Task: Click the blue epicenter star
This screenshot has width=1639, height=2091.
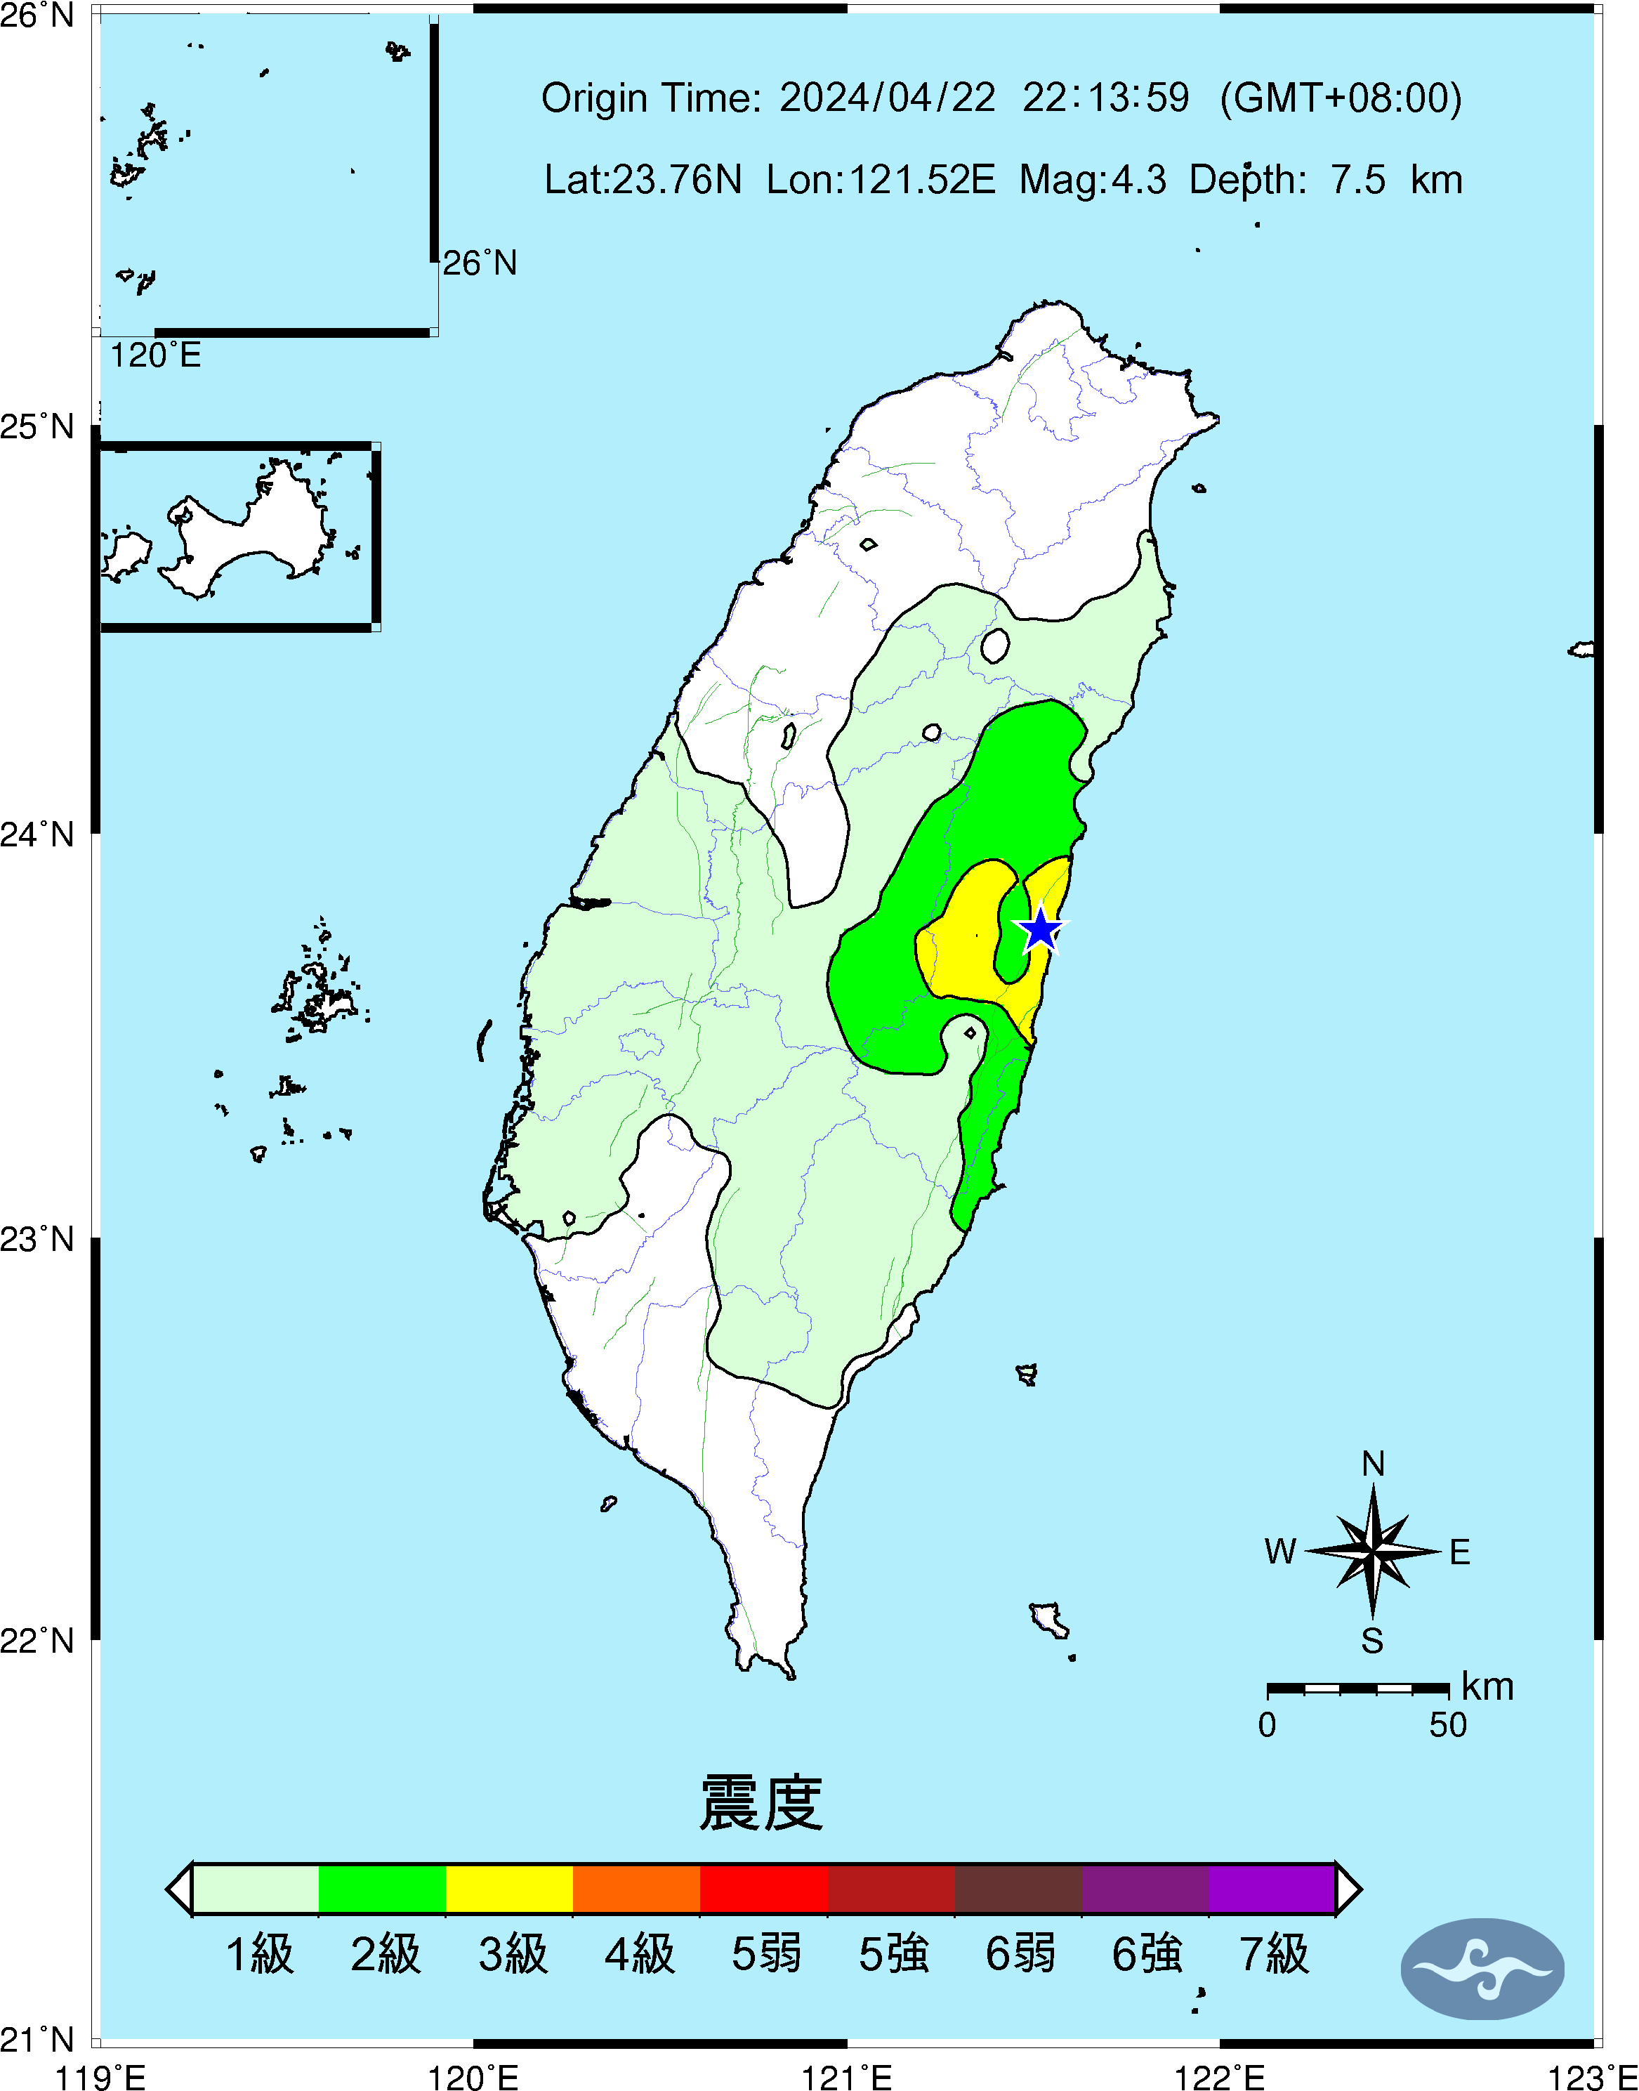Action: coord(1040,929)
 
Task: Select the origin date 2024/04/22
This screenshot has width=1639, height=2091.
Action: coord(887,98)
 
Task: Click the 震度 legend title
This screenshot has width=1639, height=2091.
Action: coord(761,1803)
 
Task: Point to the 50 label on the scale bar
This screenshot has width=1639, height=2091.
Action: coord(1447,1724)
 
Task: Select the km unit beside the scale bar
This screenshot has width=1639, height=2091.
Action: coord(1487,1686)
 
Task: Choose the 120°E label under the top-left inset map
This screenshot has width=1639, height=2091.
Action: coord(155,356)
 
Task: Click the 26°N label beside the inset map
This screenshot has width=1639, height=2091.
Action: coord(479,263)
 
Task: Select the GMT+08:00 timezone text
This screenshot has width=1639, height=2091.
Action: coord(1341,98)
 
